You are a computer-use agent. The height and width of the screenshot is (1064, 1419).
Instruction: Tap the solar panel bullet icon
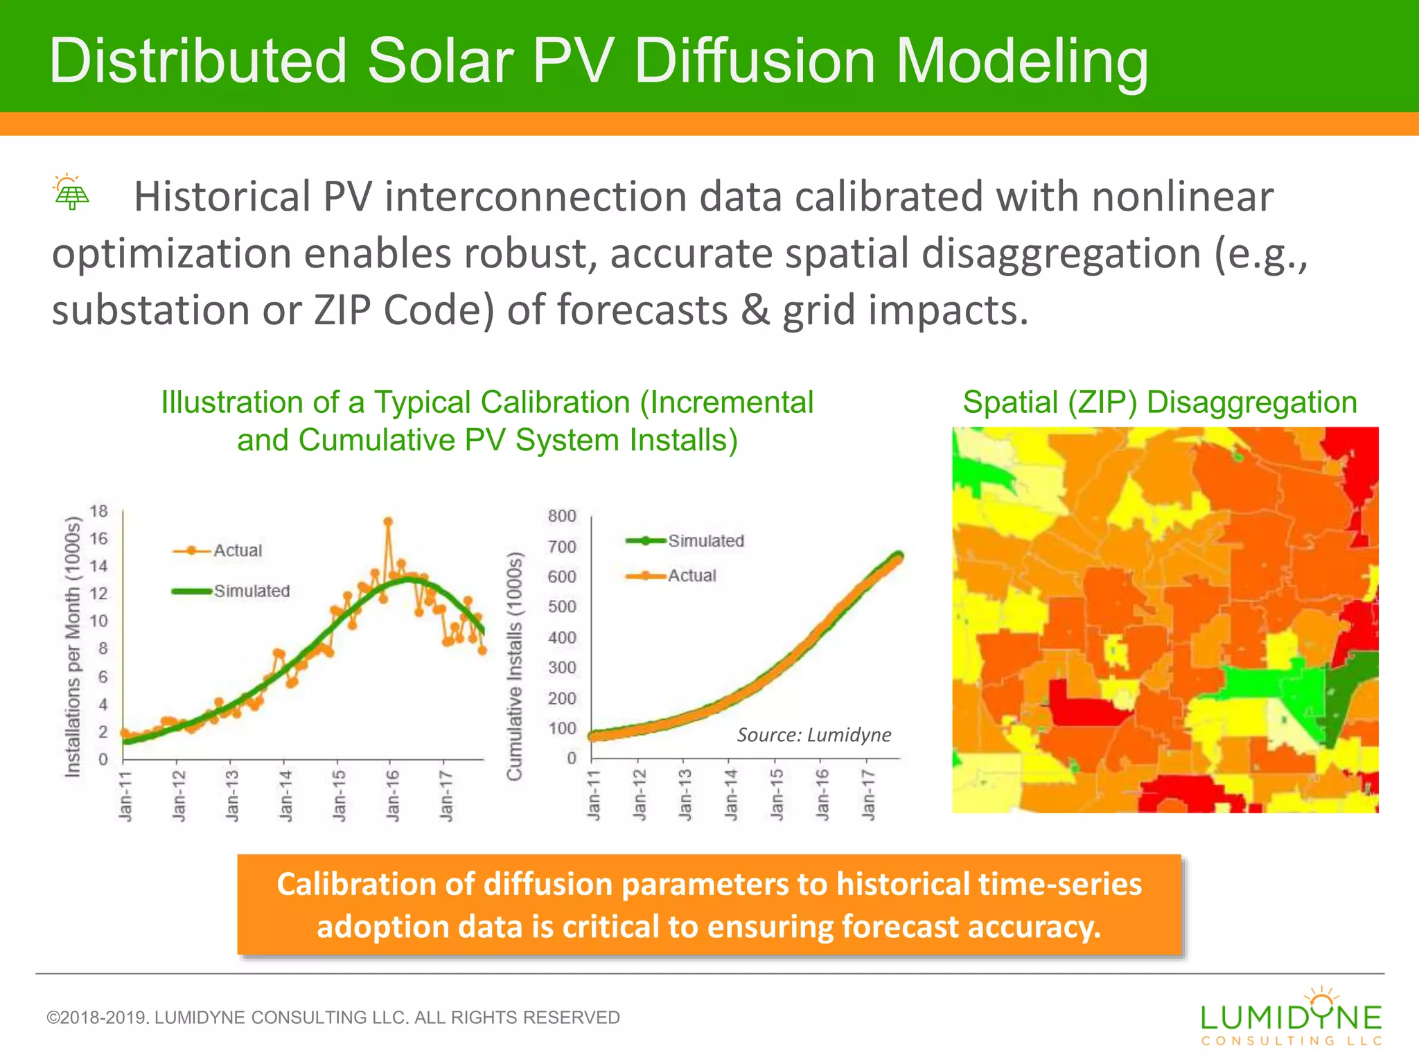tap(71, 193)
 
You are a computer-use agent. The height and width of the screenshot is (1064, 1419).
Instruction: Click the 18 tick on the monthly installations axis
tap(99, 511)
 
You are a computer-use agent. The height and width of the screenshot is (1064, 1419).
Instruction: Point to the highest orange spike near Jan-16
tap(388, 522)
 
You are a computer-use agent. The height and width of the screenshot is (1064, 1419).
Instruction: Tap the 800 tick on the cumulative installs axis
tap(562, 516)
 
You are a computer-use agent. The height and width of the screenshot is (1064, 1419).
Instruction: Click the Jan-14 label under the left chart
tap(286, 795)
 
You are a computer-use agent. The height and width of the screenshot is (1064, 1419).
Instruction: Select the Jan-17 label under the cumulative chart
tap(867, 795)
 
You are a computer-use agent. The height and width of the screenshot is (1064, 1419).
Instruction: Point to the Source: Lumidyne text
tap(813, 735)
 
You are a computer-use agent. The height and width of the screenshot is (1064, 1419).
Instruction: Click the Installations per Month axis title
tap(73, 647)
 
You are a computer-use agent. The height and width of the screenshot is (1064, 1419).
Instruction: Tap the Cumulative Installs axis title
tap(514, 666)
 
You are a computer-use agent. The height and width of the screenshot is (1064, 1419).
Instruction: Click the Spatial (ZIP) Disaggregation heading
tap(1159, 402)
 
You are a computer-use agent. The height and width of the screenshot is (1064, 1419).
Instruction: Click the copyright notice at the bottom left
tap(333, 1017)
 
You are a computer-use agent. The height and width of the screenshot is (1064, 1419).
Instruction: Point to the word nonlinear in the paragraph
tap(1182, 197)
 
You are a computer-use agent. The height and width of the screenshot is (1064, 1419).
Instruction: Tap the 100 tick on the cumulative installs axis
tap(562, 729)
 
